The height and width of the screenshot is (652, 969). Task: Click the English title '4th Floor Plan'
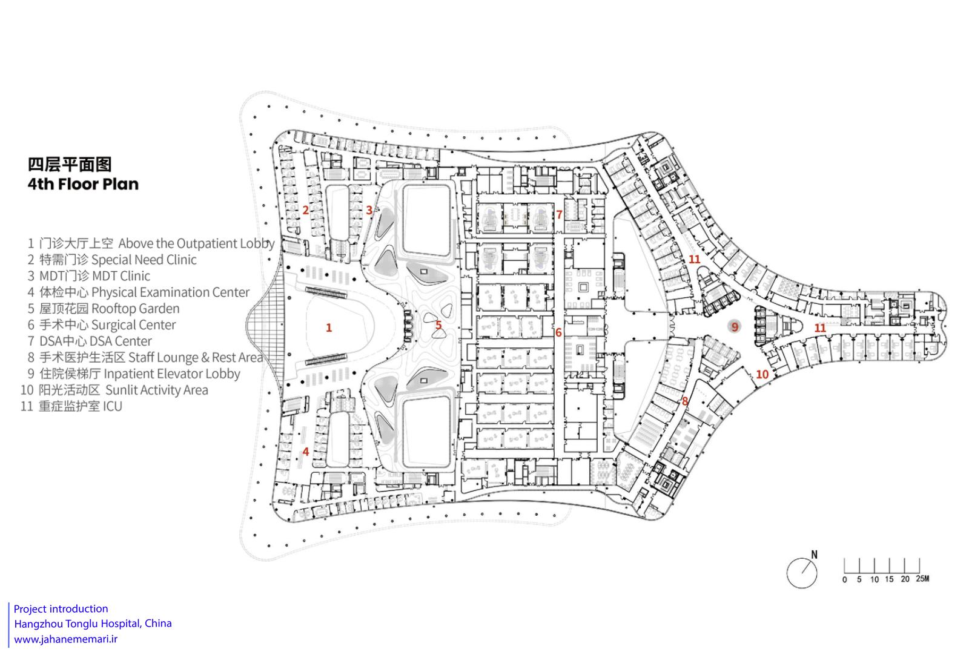click(83, 184)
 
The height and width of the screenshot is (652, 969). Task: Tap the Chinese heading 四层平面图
click(70, 164)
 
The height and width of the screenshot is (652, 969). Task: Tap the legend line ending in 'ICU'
click(71, 406)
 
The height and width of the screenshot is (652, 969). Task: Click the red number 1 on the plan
click(329, 328)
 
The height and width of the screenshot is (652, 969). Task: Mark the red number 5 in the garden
click(438, 324)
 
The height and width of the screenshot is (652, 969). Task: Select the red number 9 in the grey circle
click(735, 327)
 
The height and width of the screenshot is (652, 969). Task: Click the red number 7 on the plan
click(559, 214)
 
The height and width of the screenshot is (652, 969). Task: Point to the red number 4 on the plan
click(306, 452)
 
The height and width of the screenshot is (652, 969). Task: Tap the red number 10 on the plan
click(762, 374)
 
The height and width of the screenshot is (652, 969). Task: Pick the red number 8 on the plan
click(685, 401)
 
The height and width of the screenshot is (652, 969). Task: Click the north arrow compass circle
click(802, 573)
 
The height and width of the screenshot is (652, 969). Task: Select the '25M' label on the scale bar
click(922, 579)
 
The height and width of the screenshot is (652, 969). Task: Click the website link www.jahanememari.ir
click(66, 639)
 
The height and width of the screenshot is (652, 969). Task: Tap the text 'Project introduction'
click(61, 609)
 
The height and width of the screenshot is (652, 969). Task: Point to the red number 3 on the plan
click(369, 210)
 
